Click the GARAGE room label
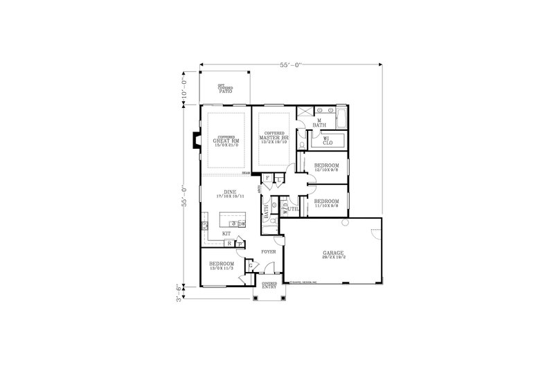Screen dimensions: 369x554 (x=332, y=255)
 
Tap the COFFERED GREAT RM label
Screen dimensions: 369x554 (x=226, y=141)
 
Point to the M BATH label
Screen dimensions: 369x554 (x=319, y=123)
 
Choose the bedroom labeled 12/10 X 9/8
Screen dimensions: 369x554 (x=326, y=168)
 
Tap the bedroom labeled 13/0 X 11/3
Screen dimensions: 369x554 (x=222, y=266)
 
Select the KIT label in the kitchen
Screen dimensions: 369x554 (x=226, y=233)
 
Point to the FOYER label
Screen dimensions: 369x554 (x=269, y=251)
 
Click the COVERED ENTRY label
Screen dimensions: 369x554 (x=269, y=285)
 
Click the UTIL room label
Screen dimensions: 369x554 (x=293, y=208)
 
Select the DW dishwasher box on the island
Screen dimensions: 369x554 (x=242, y=224)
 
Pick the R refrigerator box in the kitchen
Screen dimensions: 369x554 (x=228, y=244)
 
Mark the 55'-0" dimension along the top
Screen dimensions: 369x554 (x=291, y=64)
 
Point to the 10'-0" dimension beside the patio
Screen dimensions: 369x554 (x=185, y=88)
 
